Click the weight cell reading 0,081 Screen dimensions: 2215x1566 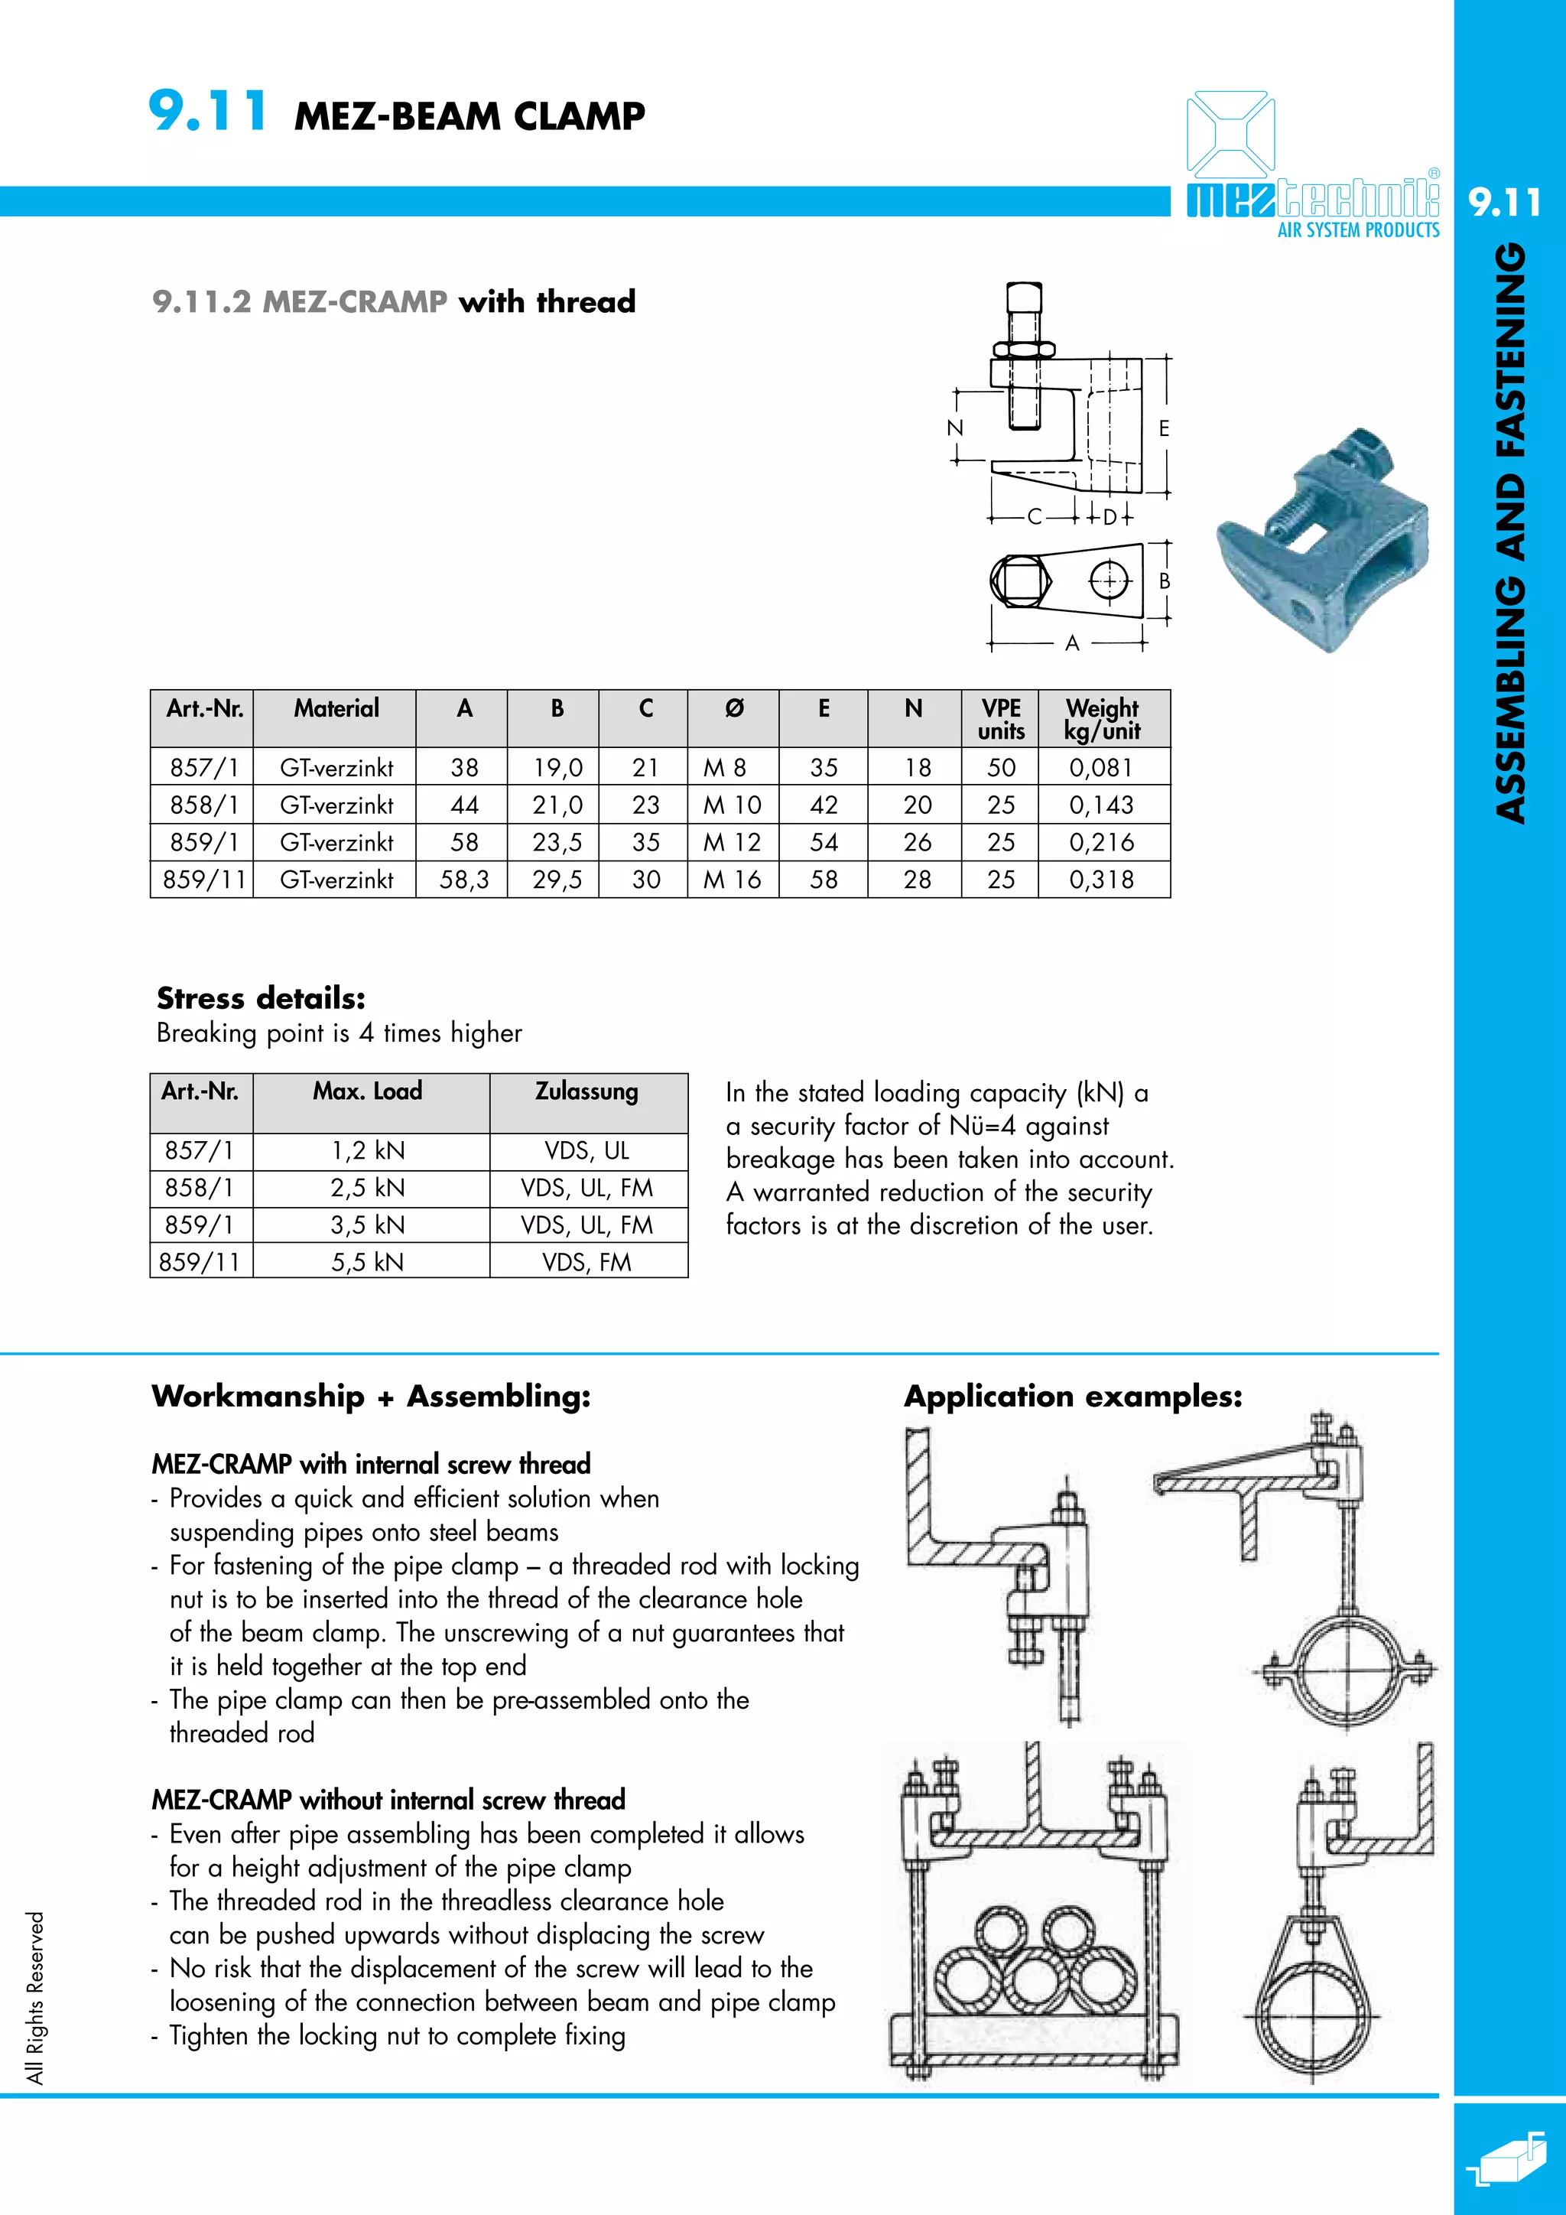click(x=1101, y=768)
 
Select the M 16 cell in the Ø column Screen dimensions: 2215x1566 click(x=732, y=880)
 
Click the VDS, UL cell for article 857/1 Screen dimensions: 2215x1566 click(x=586, y=1151)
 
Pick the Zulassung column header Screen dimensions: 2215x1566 click(x=586, y=1092)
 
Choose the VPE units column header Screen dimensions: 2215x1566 click(x=1001, y=719)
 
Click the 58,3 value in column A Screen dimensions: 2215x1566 click(x=464, y=880)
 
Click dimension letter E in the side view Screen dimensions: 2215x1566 click(x=1164, y=428)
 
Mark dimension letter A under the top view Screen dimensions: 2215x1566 click(x=1071, y=643)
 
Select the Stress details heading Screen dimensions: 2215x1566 click(x=260, y=997)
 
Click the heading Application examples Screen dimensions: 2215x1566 click(x=1072, y=1396)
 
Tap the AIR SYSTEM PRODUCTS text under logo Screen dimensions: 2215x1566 click(x=1358, y=230)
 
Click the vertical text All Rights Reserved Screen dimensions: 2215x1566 click(x=36, y=1997)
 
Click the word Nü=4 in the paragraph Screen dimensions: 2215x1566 click(x=982, y=1126)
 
